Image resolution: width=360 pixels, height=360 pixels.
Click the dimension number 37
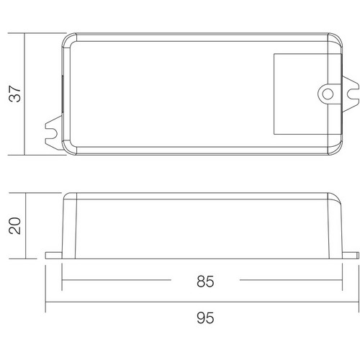[x=15, y=94]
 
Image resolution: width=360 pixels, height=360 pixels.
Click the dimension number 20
[x=15, y=225]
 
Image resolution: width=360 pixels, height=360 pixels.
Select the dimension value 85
[x=205, y=282]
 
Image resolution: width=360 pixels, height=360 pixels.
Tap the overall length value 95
[x=205, y=318]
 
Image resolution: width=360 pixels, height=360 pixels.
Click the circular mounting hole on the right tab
[x=328, y=94]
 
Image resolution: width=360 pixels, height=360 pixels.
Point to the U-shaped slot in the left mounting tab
[x=54, y=133]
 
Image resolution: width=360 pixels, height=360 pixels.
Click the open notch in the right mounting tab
[x=353, y=94]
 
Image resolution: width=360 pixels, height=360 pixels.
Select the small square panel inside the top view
[x=307, y=94]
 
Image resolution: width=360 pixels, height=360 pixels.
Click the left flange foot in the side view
[x=54, y=256]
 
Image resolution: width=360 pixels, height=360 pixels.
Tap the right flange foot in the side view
[x=351, y=256]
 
